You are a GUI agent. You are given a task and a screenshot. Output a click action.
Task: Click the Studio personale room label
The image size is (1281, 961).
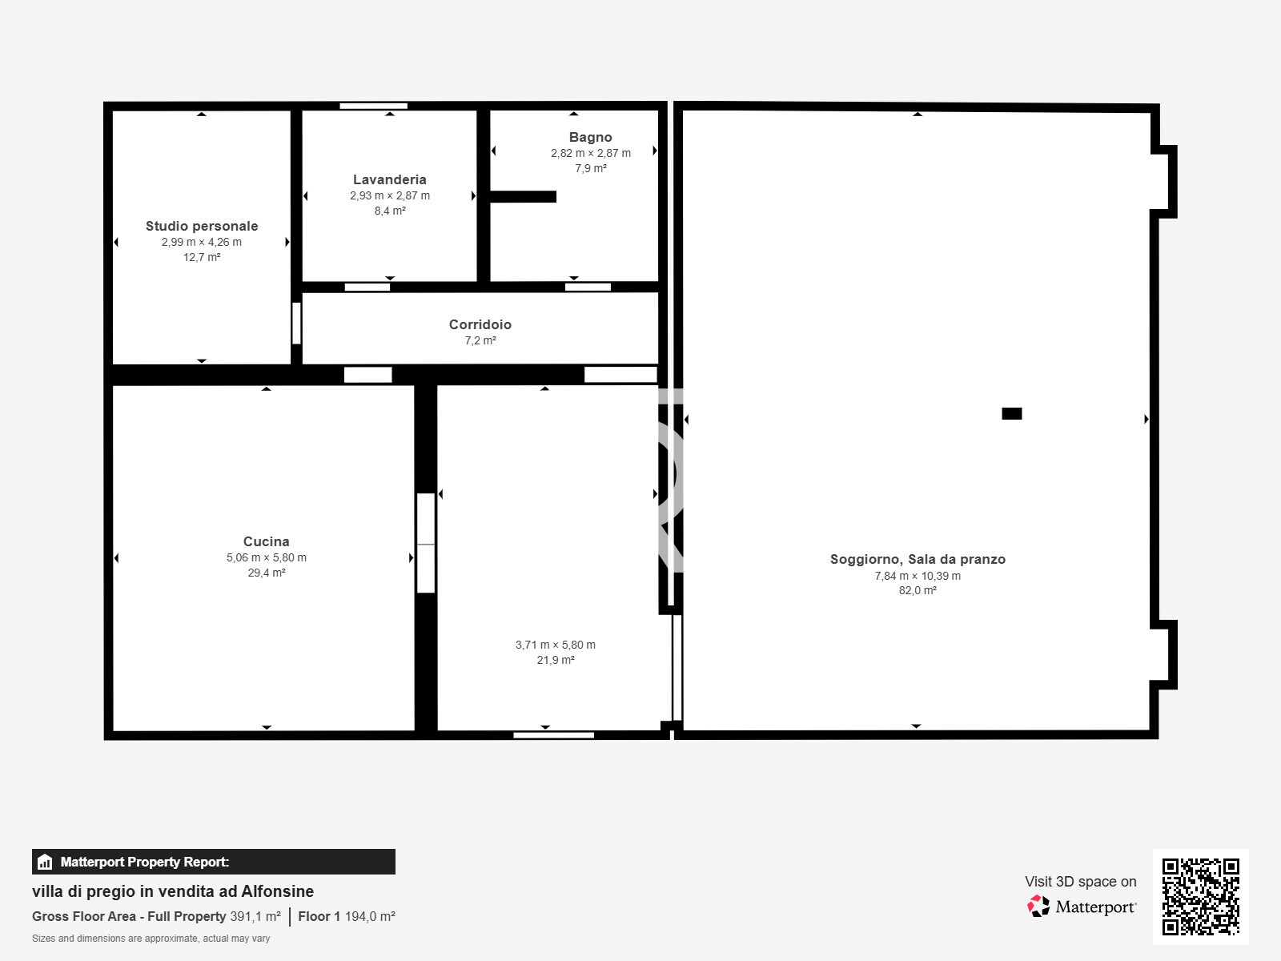click(202, 226)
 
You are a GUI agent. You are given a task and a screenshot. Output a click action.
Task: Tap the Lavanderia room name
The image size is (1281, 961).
click(389, 179)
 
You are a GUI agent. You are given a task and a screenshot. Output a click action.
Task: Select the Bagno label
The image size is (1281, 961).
click(590, 137)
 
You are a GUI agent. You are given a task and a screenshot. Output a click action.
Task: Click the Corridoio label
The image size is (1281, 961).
click(480, 324)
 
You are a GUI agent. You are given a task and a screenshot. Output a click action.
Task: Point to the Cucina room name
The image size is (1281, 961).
click(266, 541)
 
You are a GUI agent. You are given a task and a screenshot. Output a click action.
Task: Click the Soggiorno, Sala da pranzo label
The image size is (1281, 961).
click(918, 559)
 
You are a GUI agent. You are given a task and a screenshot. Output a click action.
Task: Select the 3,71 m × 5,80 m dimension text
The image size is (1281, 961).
click(555, 645)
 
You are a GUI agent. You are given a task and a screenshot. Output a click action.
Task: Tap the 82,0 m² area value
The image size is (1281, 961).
click(918, 590)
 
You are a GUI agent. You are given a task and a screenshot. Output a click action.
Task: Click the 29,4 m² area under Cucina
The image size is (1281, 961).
click(266, 573)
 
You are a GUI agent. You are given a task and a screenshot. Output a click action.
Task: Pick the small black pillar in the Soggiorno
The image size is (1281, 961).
click(1011, 413)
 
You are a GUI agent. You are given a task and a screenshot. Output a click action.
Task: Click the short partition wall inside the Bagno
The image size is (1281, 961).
click(522, 196)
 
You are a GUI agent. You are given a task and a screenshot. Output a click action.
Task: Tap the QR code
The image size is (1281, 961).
click(1200, 896)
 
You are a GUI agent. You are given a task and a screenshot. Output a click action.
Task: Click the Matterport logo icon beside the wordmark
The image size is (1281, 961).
click(1038, 907)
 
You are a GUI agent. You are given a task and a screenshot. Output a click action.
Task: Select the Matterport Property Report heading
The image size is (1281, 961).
click(144, 862)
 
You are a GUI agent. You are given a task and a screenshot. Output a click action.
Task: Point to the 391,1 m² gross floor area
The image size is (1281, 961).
click(255, 916)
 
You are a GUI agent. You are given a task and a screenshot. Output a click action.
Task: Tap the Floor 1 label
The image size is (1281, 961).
click(319, 916)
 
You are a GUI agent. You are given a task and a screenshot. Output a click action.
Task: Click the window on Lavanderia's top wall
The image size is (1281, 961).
click(373, 106)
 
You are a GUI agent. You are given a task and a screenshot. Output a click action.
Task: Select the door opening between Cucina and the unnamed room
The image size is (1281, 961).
click(425, 543)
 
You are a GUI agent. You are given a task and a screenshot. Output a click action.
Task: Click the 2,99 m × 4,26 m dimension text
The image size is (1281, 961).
click(202, 242)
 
